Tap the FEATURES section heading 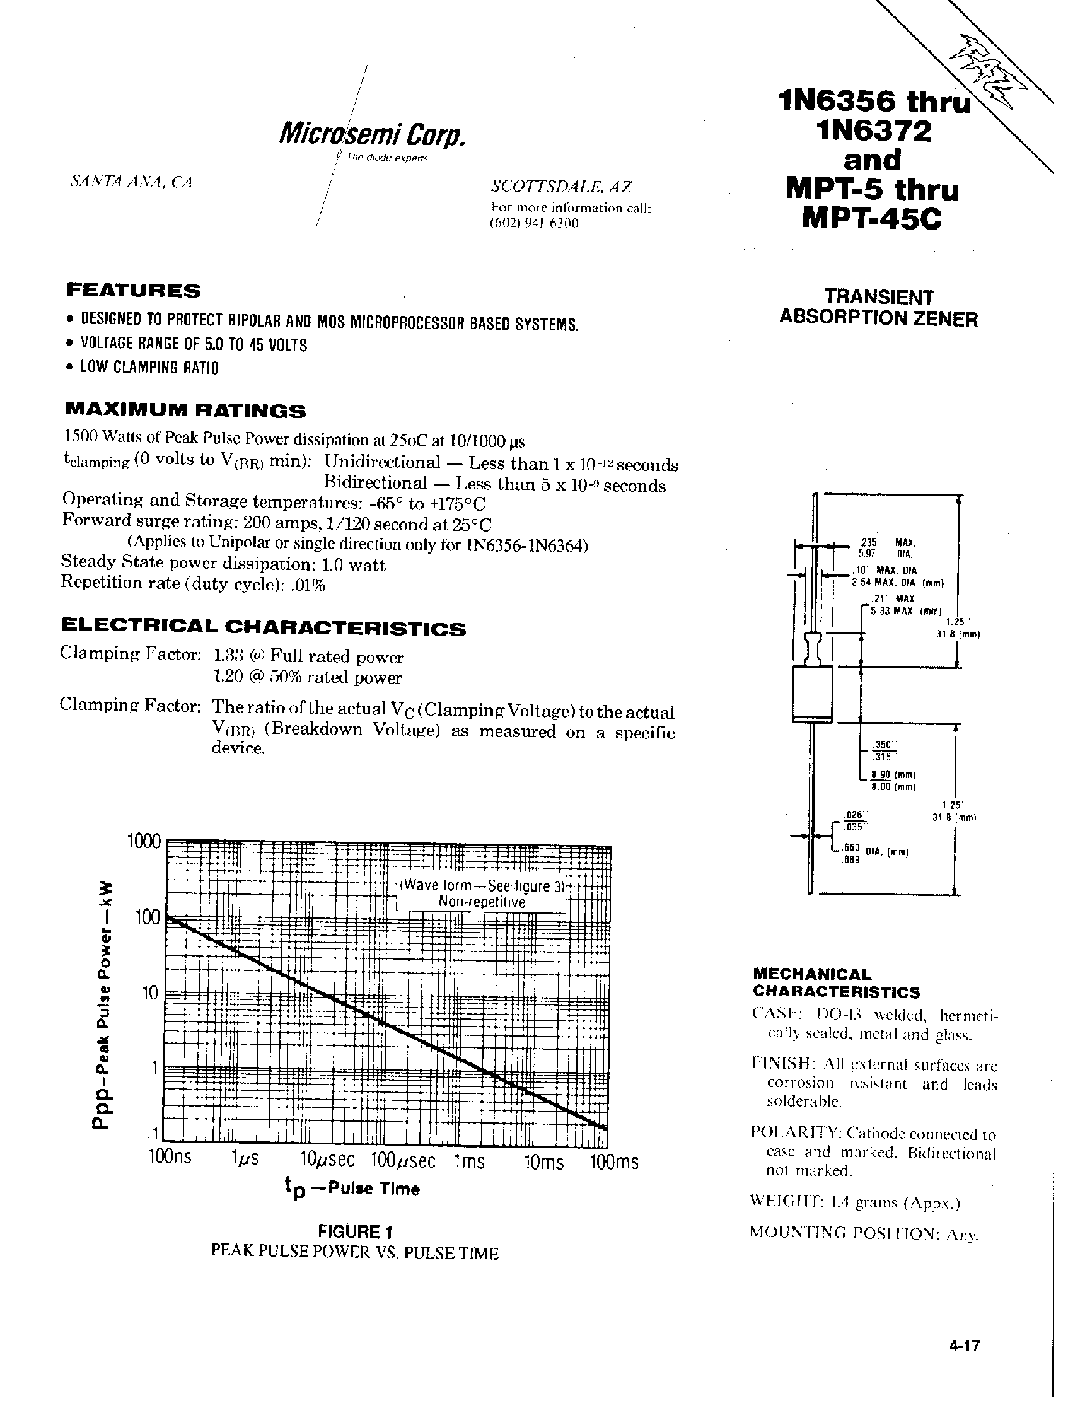pyautogui.click(x=134, y=291)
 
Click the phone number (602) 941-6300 pyautogui.click(x=534, y=223)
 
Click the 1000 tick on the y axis pyautogui.click(x=144, y=842)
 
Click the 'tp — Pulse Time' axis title pyautogui.click(x=352, y=1189)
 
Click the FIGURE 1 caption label pyautogui.click(x=354, y=1231)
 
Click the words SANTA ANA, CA pyautogui.click(x=131, y=182)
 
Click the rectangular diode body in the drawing pyautogui.click(x=813, y=694)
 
